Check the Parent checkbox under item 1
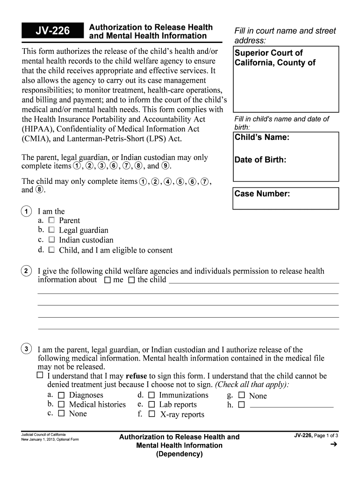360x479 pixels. coord(51,220)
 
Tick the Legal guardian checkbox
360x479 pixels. coord(51,230)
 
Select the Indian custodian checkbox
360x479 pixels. coord(51,239)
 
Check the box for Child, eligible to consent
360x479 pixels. coord(51,250)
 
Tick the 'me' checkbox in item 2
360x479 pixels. coord(107,280)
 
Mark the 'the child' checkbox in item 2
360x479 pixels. coord(131,280)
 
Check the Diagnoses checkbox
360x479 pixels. coord(61,395)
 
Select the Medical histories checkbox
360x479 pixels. coord(61,405)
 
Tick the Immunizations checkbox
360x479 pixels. coord(151,395)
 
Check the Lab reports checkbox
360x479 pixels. coord(151,405)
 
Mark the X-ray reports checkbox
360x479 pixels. coord(151,414)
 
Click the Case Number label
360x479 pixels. coord(262,194)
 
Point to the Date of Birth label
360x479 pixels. coord(260,160)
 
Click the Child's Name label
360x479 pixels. coord(262,138)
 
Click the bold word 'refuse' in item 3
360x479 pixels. coord(136,376)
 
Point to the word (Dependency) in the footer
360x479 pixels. coord(179,454)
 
